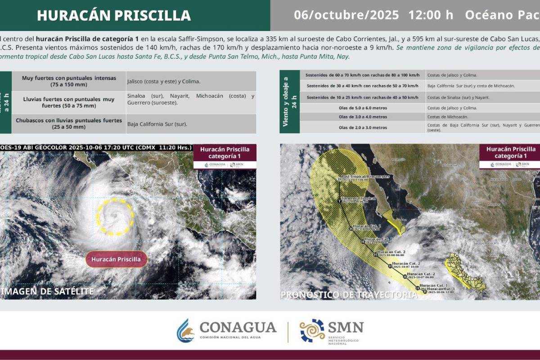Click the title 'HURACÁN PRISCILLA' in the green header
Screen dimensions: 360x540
tap(114, 15)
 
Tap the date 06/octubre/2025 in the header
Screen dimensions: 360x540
tap(346, 15)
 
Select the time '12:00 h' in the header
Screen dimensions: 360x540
tap(431, 15)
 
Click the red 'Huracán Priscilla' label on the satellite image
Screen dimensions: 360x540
tap(116, 259)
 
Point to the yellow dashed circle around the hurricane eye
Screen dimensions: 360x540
tap(115, 216)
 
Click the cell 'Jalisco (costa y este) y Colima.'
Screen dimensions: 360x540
tap(163, 81)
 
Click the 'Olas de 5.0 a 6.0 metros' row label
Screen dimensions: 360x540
tap(363, 108)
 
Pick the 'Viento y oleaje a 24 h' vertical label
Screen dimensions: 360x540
tap(290, 102)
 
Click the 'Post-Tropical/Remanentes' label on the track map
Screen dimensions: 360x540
tap(365, 177)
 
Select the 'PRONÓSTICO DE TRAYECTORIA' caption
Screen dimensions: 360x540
tap(349, 295)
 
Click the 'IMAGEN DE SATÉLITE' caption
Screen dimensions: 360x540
tap(47, 291)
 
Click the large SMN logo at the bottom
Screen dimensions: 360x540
tap(332, 331)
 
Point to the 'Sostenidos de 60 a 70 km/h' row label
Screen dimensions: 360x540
tap(363, 75)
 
